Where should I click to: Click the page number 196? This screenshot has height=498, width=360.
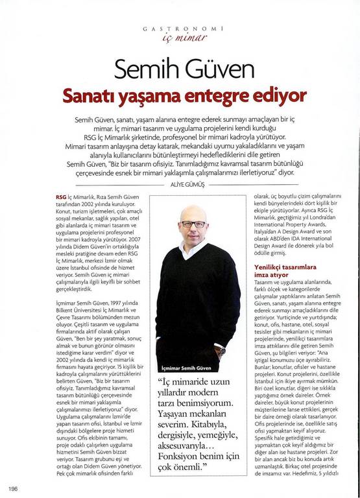(12, 488)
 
